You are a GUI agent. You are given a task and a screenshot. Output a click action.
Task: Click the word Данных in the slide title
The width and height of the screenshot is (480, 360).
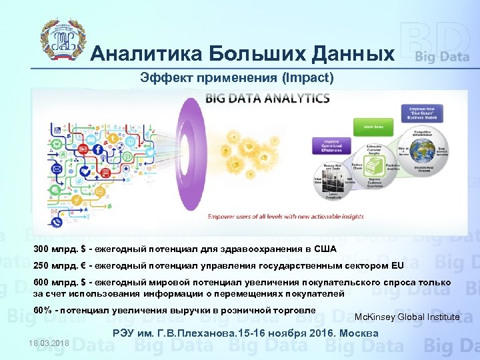pyautogui.click(x=349, y=53)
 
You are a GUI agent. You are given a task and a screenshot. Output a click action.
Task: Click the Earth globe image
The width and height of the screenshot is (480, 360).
pyautogui.click(x=429, y=163)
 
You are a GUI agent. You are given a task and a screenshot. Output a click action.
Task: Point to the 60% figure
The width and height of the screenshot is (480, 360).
pyautogui.click(x=43, y=310)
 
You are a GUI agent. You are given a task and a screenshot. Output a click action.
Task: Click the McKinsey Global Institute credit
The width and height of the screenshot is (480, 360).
pyautogui.click(x=407, y=317)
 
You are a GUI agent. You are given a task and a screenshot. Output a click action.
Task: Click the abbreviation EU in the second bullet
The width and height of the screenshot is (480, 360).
pyautogui.click(x=397, y=265)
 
